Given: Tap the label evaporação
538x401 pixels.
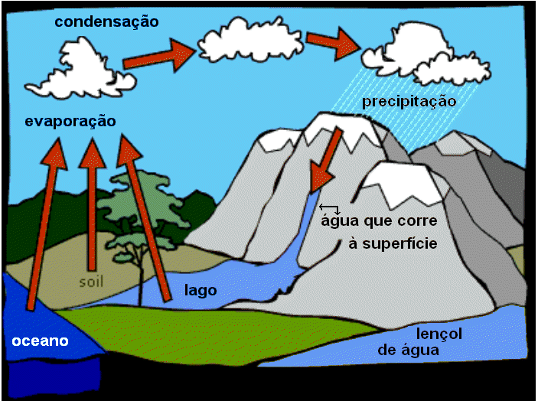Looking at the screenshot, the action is [x=70, y=122].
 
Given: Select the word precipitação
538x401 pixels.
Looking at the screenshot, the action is [x=409, y=102].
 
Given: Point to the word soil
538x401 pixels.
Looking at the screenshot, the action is [x=91, y=282].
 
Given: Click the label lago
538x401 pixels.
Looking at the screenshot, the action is [x=201, y=291].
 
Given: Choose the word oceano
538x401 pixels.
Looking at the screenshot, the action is [x=40, y=341].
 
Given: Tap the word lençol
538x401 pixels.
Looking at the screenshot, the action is [x=439, y=334].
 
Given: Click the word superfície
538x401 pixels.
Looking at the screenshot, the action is [x=399, y=243].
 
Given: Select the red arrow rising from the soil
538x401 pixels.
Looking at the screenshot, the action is [x=92, y=204].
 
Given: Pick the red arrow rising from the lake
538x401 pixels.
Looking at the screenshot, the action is [x=144, y=218].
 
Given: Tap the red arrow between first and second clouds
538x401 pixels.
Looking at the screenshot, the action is [x=159, y=56].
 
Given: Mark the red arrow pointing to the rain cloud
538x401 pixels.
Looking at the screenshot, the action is [x=334, y=44].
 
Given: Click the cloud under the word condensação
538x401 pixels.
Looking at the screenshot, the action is [x=81, y=70].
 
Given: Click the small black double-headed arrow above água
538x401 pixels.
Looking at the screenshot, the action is [x=329, y=208].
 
